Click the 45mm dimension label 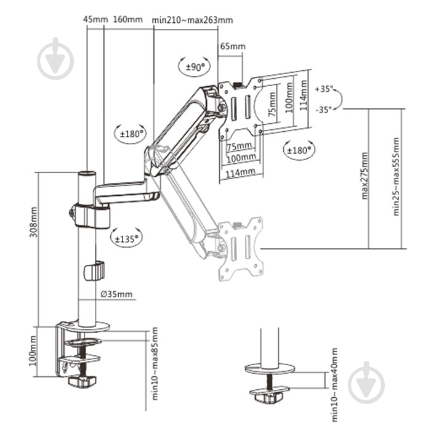[95, 19]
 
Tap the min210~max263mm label [193, 19]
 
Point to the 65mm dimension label [232, 46]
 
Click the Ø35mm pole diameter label [116, 294]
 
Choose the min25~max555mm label [398, 176]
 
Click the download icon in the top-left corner [55, 59]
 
